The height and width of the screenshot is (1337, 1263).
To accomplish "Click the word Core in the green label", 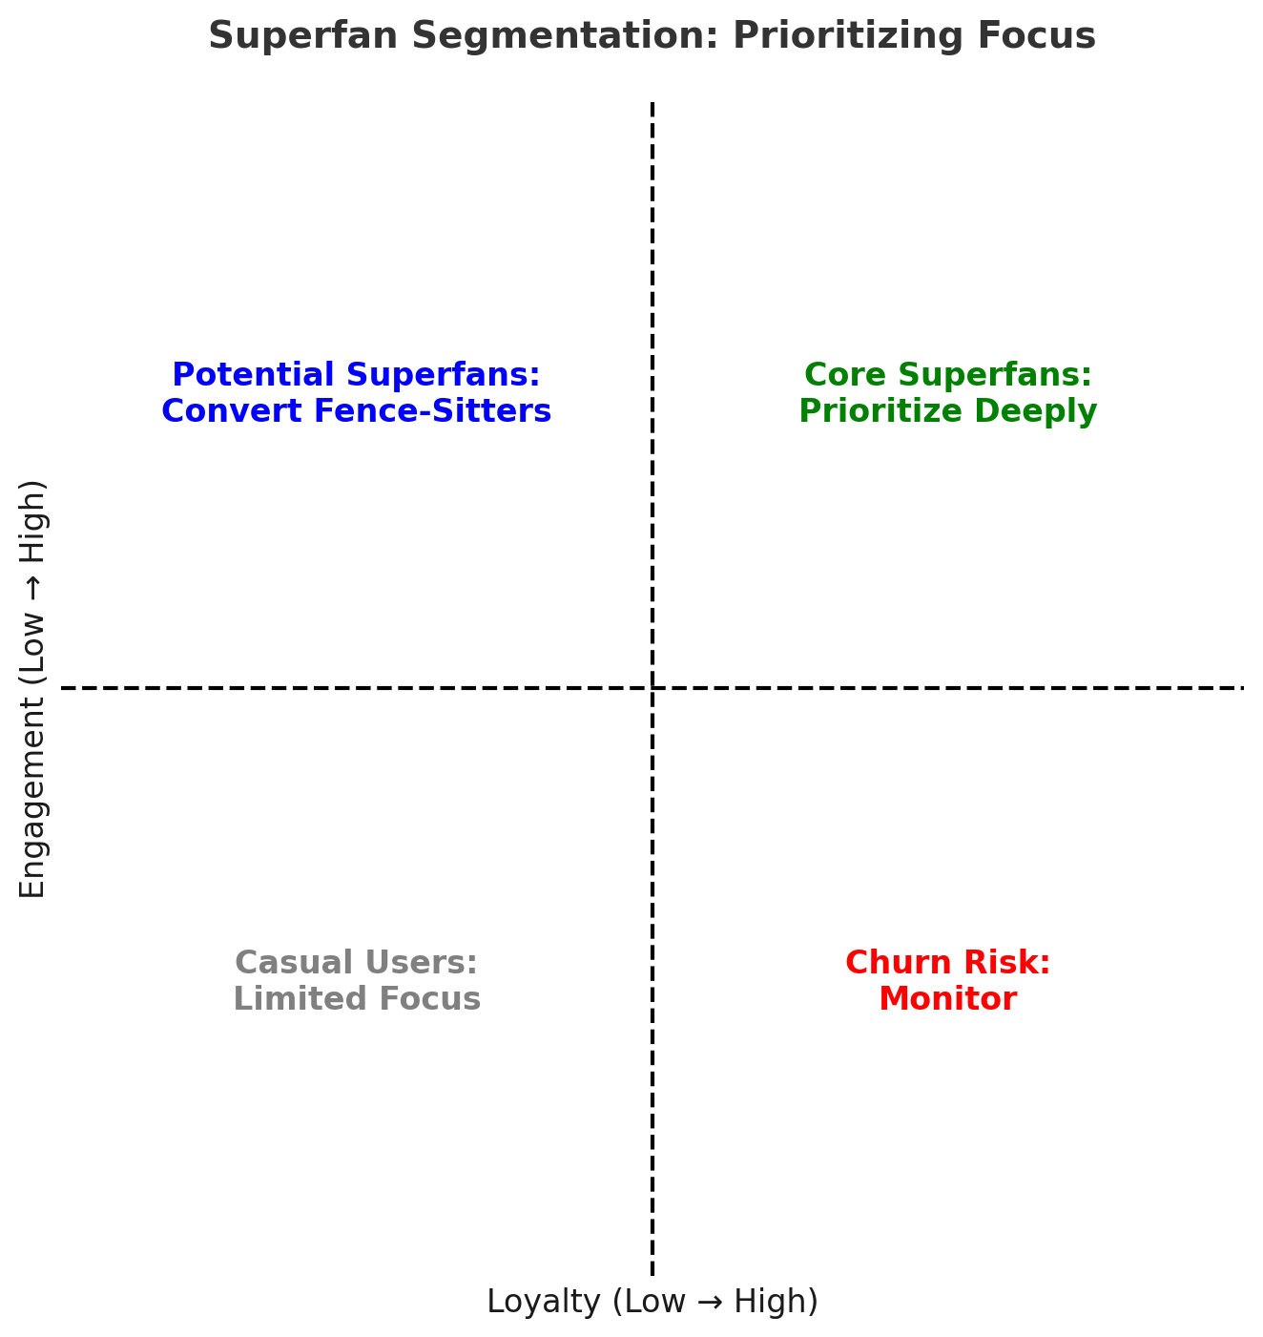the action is click(841, 375).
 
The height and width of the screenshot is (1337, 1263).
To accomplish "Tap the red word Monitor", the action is click(947, 999).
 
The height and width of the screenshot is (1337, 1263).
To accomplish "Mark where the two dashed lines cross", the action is click(652, 687).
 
